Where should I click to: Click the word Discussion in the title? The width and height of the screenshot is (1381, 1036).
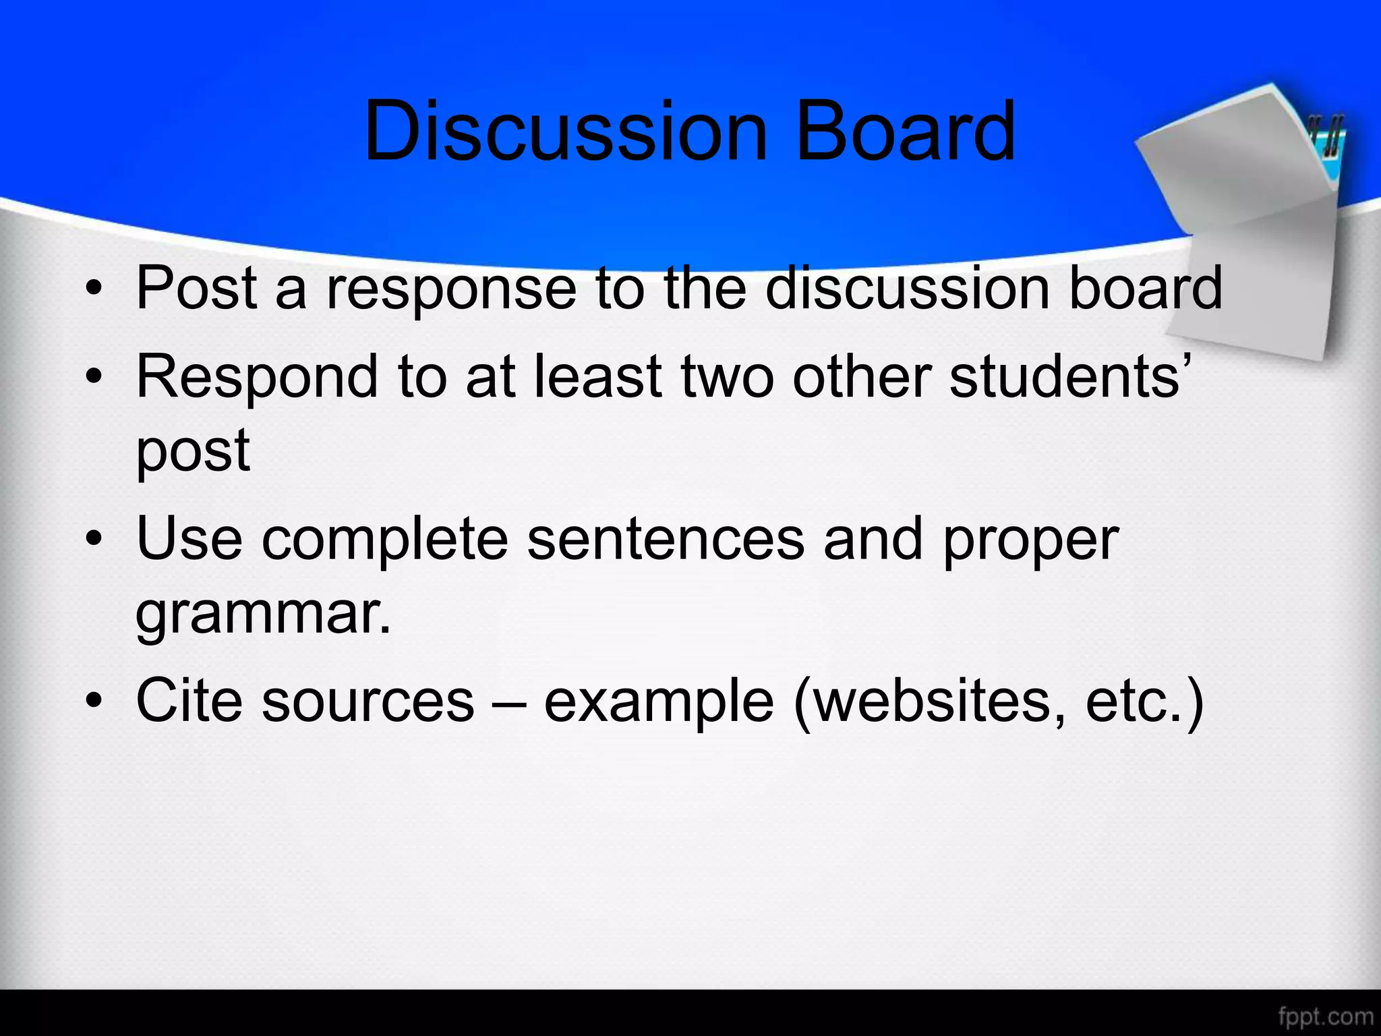[566, 132]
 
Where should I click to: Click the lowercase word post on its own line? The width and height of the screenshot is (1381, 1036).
[193, 452]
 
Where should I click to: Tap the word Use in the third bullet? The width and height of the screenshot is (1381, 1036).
[189, 540]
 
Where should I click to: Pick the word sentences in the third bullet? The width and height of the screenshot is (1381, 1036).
[666, 540]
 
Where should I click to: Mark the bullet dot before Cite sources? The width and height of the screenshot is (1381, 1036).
[94, 701]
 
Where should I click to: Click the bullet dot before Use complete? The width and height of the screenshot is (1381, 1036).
[94, 540]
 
